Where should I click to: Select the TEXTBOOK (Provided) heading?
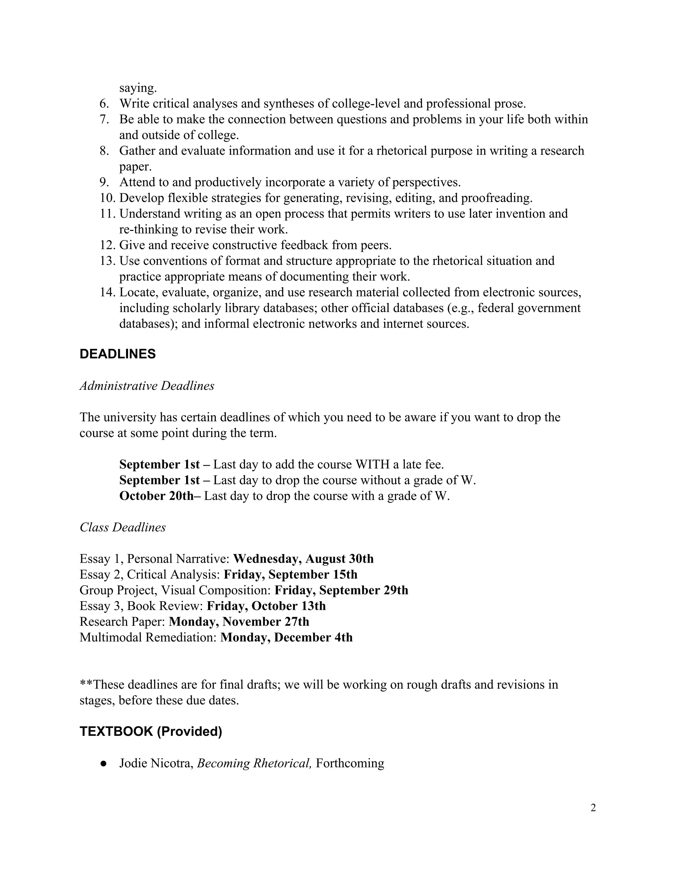151,732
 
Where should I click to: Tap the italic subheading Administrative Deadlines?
147,386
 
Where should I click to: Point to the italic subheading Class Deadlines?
122,527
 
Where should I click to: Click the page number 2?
593,808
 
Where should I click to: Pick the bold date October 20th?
156,496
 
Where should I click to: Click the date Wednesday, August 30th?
303,559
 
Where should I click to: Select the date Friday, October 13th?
266,606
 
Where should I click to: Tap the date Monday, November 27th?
239,622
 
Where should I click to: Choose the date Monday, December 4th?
286,638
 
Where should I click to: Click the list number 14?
107,293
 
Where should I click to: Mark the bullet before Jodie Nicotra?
104,764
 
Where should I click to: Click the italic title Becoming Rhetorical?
254,764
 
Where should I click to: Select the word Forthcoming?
350,764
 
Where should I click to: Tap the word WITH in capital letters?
372,465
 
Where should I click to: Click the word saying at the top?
138,88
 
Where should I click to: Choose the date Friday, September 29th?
341,591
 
